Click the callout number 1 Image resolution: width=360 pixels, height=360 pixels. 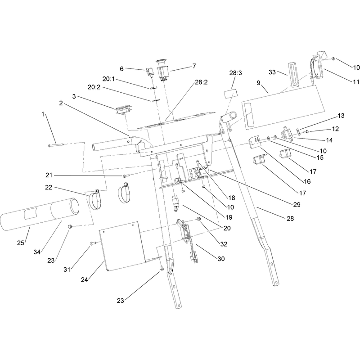pos(43,114)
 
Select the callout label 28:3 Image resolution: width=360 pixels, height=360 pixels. pos(235,73)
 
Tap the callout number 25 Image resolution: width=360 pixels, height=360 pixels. pos(20,243)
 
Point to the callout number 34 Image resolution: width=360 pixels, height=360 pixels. pos(37,252)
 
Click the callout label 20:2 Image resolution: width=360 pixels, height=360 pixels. pos(94,87)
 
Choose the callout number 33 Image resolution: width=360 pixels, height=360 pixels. pos(272,72)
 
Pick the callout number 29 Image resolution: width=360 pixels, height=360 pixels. pos(297,204)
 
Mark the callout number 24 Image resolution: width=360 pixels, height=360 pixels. pos(84,280)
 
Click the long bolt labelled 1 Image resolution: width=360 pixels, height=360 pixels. pos(55,145)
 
